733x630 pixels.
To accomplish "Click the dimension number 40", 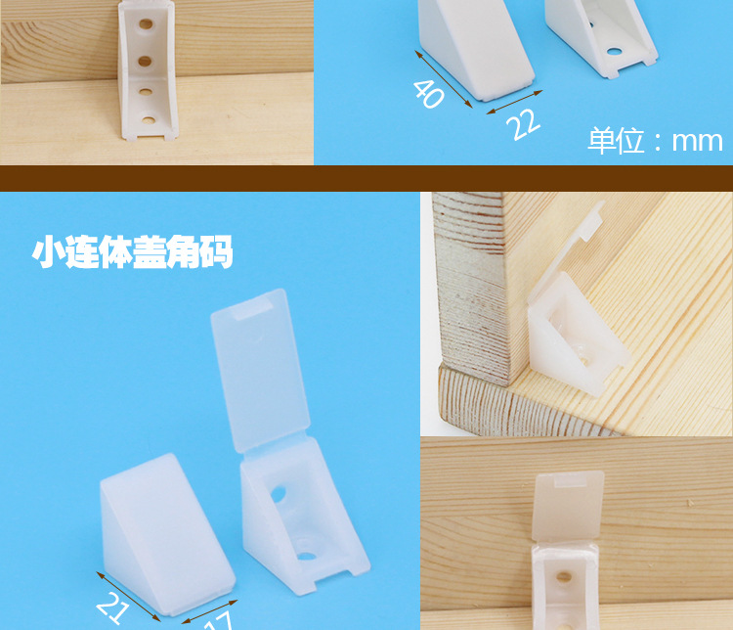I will click(427, 93).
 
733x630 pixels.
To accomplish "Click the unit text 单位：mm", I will click(655, 140).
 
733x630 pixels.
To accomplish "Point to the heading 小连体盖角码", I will click(133, 252).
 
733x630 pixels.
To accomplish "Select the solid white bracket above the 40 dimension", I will click(474, 49).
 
